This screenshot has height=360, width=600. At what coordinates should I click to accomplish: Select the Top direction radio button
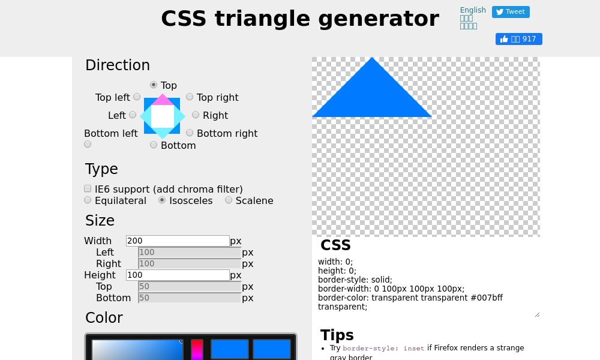point(154,85)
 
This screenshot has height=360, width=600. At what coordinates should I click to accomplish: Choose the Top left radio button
point(137,97)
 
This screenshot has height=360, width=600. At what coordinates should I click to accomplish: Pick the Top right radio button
point(190,97)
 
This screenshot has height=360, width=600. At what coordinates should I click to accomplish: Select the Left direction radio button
point(133,115)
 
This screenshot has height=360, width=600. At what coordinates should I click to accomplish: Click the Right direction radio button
point(196,115)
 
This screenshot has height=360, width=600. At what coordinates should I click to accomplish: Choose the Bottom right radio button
point(190,133)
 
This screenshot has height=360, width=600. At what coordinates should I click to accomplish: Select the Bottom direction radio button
point(154,145)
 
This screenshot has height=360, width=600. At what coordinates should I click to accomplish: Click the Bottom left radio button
point(88,144)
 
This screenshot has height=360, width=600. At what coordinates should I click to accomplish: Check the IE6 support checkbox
point(88,188)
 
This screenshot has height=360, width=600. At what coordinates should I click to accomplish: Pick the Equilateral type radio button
point(88,200)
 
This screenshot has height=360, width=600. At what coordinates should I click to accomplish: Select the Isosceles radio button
point(162,200)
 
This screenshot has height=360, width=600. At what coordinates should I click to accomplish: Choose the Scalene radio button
point(229,200)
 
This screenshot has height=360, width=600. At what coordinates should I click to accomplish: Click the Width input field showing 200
point(178,241)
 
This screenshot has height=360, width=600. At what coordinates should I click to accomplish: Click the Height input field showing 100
point(178,275)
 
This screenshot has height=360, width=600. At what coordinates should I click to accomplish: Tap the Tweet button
point(511,12)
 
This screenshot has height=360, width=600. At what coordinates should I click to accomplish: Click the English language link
point(473,10)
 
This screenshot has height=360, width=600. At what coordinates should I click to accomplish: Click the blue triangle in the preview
point(372,96)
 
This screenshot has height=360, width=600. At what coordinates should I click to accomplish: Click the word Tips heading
point(337,335)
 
